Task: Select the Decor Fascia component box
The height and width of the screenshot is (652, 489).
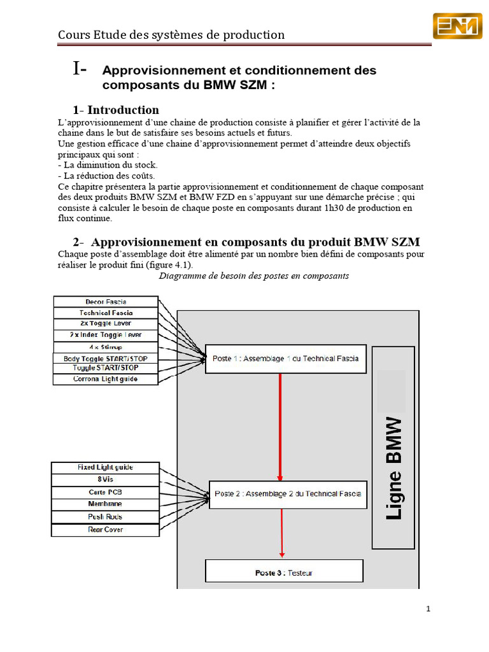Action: tap(106, 301)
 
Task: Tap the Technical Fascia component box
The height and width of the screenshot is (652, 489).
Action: tap(106, 313)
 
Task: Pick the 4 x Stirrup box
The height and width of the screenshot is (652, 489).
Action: tap(106, 346)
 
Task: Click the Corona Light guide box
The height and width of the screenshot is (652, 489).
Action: tap(106, 379)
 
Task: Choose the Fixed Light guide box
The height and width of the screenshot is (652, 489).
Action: tap(105, 467)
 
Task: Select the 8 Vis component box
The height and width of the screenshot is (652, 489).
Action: tap(105, 479)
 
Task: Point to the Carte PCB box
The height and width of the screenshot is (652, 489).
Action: tap(105, 492)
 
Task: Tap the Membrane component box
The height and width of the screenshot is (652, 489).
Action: tap(105, 504)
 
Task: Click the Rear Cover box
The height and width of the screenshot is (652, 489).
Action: tap(105, 529)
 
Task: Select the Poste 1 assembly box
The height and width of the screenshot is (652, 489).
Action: tap(286, 358)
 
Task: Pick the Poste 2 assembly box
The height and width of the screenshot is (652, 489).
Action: tap(288, 494)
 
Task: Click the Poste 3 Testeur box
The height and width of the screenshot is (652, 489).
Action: tap(284, 572)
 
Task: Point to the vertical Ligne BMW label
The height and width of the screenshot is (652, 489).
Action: tap(395, 468)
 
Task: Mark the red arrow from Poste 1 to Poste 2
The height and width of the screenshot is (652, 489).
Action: tap(280, 427)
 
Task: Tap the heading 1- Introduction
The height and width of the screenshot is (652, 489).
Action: tap(116, 110)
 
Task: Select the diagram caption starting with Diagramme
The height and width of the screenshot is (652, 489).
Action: tap(253, 276)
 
